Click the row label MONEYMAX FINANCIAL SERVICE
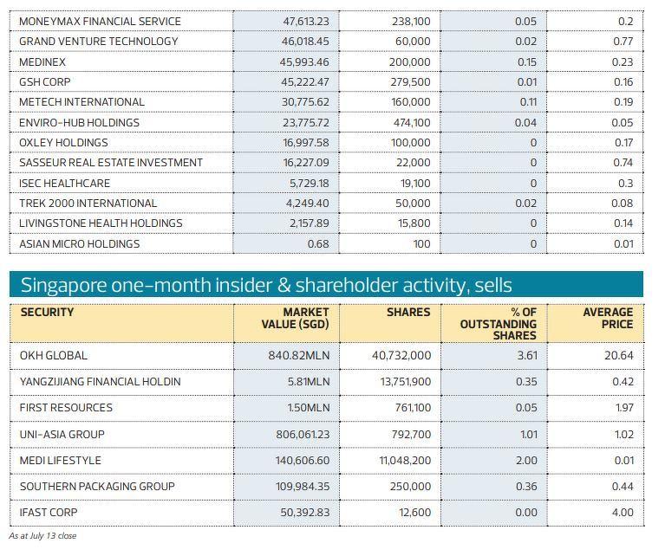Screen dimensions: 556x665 (x=100, y=21)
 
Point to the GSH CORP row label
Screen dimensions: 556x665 (x=45, y=81)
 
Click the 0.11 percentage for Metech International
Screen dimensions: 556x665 (x=528, y=102)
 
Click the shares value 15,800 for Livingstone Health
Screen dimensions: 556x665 (x=411, y=223)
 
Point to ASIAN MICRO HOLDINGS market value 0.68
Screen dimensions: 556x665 (x=318, y=243)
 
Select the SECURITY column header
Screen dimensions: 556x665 (x=47, y=312)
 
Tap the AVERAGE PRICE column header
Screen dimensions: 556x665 (x=608, y=318)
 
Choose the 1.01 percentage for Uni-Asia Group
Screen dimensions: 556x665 (x=526, y=434)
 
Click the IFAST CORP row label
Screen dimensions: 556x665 (x=49, y=512)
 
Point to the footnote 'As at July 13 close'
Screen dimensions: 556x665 (x=42, y=536)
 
